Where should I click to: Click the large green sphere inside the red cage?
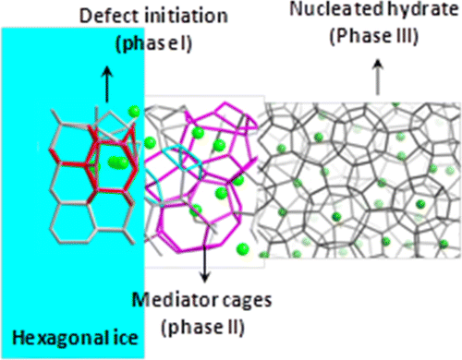pyautogui.click(x=116, y=163)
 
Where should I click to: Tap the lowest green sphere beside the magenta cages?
pyautogui.click(x=241, y=246)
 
